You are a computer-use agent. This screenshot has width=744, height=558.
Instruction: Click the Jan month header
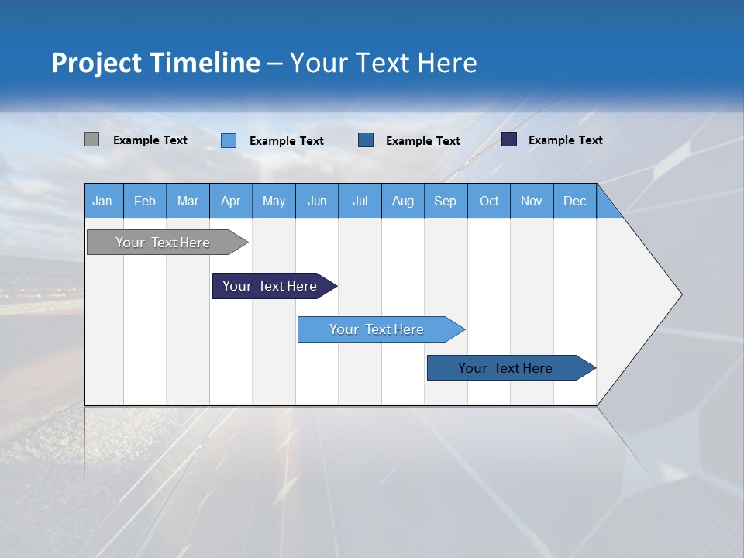click(x=102, y=201)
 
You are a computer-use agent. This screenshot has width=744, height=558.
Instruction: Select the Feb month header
click(x=145, y=201)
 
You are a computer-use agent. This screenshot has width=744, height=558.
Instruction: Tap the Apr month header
click(x=230, y=201)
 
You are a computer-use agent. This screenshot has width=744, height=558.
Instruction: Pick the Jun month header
click(x=317, y=201)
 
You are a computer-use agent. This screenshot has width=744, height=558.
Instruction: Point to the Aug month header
click(x=402, y=201)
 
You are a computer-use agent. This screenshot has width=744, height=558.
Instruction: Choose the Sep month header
click(x=445, y=201)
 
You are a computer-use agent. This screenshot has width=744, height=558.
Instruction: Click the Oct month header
click(x=489, y=201)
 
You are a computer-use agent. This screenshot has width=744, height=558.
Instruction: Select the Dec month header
click(x=574, y=201)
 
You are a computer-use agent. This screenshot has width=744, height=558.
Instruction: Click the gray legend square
click(x=91, y=139)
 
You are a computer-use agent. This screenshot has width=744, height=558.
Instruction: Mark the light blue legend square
click(x=229, y=140)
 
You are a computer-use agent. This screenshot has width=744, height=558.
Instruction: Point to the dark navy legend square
click(x=509, y=139)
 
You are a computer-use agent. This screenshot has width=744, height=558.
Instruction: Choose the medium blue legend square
click(x=366, y=140)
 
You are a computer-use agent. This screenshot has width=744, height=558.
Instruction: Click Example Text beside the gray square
click(x=150, y=140)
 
